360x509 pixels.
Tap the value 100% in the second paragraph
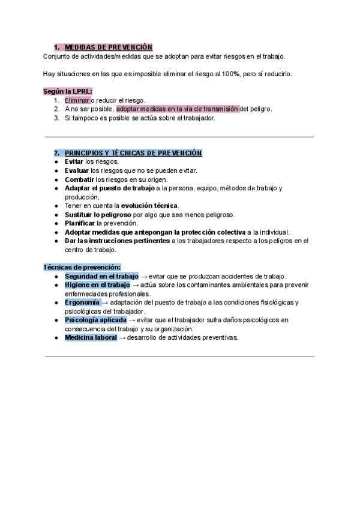(230, 74)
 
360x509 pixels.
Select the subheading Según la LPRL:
(64, 91)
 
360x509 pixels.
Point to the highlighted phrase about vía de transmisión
(178, 109)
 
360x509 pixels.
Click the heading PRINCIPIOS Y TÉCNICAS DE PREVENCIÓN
(133, 153)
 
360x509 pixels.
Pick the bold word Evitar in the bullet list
(74, 162)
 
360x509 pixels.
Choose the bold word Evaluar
(77, 170)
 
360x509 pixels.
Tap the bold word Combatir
(79, 179)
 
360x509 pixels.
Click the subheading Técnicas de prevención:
(82, 267)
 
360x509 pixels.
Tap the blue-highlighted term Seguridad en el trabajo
(101, 276)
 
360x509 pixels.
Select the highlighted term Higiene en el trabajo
(97, 285)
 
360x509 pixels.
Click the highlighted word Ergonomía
(82, 303)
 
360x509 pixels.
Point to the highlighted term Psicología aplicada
(95, 320)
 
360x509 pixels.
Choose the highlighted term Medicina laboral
(91, 338)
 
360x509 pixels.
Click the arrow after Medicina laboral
(122, 338)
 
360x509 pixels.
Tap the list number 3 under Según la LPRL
(56, 118)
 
